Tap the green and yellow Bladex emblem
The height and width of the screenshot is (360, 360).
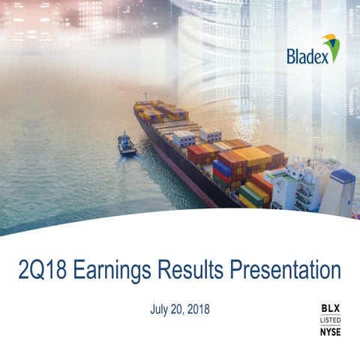point(331,47)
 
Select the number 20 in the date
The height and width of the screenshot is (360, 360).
point(177,309)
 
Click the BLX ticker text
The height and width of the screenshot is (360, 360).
point(330,307)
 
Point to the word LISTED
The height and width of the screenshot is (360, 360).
point(330,319)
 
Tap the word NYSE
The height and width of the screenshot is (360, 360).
point(330,331)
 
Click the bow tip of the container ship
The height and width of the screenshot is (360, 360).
point(137,106)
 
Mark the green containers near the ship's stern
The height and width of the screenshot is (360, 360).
point(251,195)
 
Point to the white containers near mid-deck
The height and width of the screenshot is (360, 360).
point(184,138)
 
